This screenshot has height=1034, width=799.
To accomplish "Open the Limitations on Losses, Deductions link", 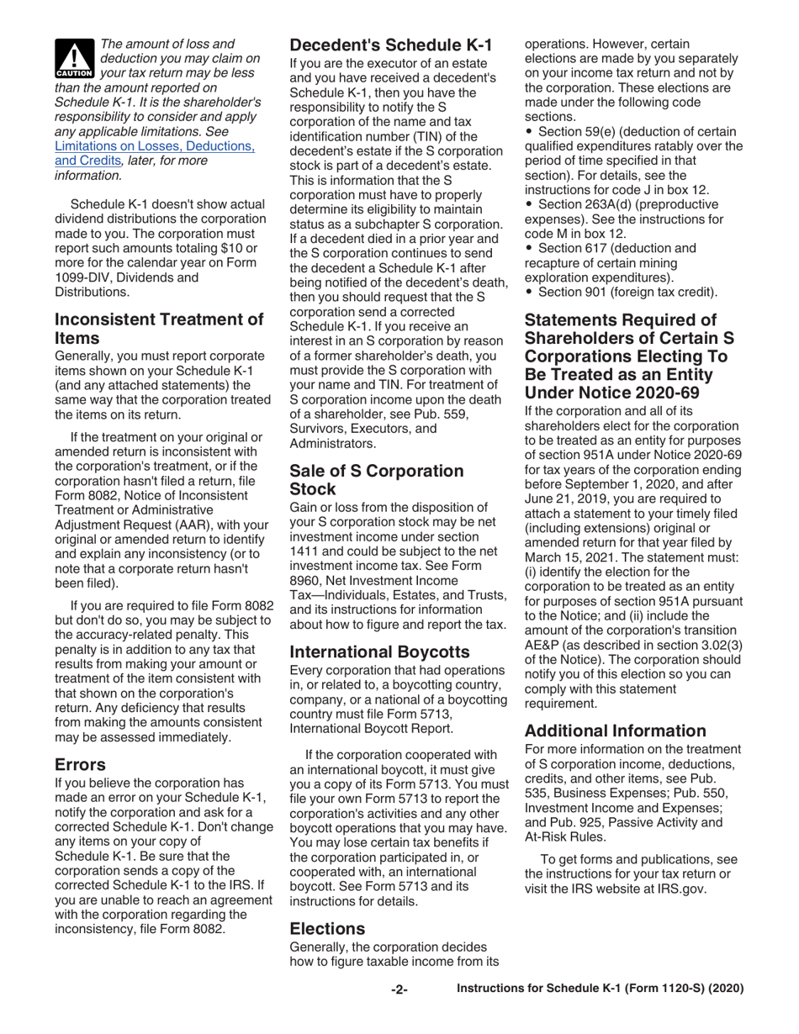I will [154, 146].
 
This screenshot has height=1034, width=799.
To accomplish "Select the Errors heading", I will [80, 765].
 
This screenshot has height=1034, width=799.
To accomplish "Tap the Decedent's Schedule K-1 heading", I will [390, 45].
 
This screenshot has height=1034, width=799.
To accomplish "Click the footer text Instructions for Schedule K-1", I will [600, 990].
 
